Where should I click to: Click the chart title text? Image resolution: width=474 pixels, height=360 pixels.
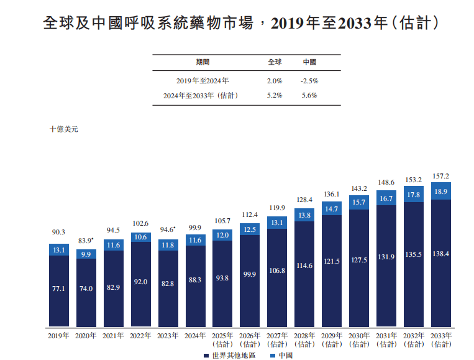[x=242, y=23]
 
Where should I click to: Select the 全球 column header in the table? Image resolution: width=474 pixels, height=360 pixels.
[x=275, y=62]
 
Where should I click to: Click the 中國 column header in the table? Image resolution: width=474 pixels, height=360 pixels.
[x=309, y=62]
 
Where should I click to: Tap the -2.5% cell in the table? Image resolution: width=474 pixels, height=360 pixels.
[x=309, y=81]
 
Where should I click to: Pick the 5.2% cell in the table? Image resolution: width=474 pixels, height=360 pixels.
[x=275, y=96]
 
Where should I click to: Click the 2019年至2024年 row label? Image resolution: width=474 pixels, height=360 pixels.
[x=203, y=81]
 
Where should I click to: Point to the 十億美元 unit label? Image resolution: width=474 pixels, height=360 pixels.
[x=64, y=129]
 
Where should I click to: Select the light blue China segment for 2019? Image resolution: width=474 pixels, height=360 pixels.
[x=58, y=249]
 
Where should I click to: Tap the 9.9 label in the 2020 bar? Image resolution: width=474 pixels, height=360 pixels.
[x=86, y=254]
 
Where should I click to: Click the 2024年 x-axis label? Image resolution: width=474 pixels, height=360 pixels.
[x=195, y=336]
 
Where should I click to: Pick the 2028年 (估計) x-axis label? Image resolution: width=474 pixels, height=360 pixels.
[x=304, y=339]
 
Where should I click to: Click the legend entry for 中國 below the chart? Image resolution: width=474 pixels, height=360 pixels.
[x=281, y=355]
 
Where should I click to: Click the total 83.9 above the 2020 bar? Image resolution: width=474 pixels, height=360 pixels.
[x=85, y=241]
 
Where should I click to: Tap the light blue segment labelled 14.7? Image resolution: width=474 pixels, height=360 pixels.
[x=332, y=208]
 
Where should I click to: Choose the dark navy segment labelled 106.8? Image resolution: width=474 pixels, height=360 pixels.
[x=277, y=270]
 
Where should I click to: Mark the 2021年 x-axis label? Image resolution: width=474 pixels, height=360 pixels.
[x=113, y=336]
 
